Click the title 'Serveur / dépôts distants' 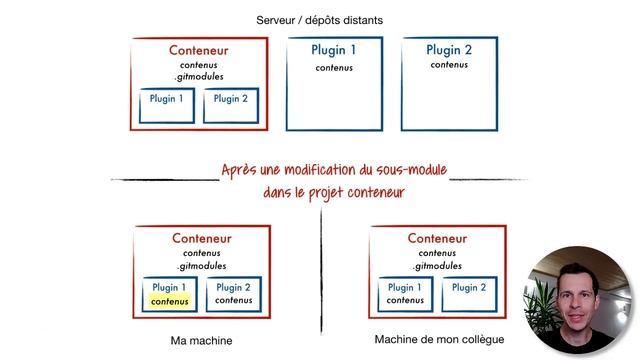pos(319,19)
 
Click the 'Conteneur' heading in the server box pos(198,50)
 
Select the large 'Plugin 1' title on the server pos(334,50)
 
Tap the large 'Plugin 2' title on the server pos(449,49)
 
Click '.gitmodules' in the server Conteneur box pos(198,77)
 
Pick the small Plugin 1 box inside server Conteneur pos(167,105)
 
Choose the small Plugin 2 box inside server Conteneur pos(231,105)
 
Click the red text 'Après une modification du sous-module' pos(333,169)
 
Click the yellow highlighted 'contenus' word pos(169,300)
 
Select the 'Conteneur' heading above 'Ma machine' pos(201,239)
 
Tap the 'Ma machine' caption pos(201,341)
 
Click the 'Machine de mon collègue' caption pos(439,340)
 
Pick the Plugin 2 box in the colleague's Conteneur pos(469,293)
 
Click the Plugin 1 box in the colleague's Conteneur pos(405,293)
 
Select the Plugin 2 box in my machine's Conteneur pos(233,293)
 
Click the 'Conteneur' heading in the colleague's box pos(438,239)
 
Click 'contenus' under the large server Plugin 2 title pos(449,65)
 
